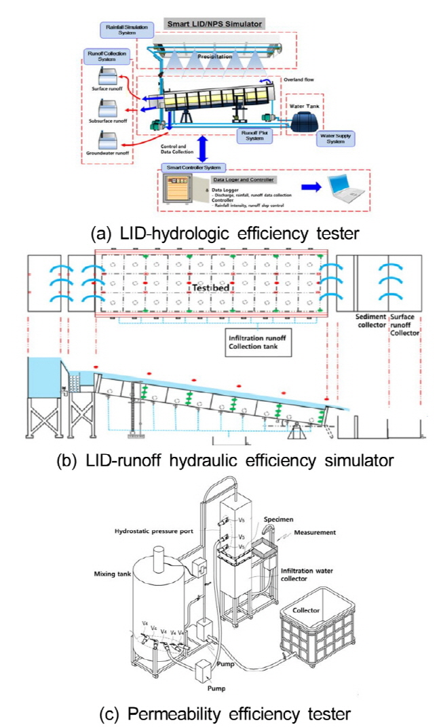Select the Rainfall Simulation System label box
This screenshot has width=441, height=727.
point(117,31)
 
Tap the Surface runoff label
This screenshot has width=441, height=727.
point(107,88)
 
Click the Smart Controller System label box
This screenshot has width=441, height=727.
point(191,166)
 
